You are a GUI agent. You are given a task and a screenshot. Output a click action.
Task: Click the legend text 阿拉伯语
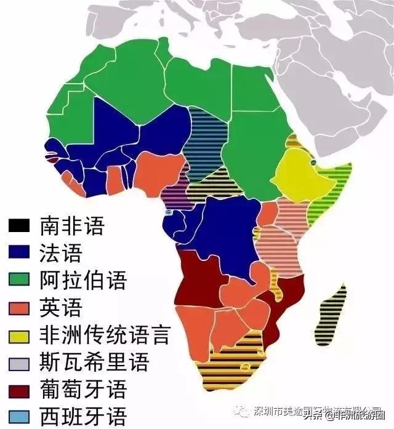[x=83, y=280]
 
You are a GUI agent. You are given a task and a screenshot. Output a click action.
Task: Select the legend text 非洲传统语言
[x=104, y=335]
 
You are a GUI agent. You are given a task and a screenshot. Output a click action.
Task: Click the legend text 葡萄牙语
[x=83, y=390]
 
